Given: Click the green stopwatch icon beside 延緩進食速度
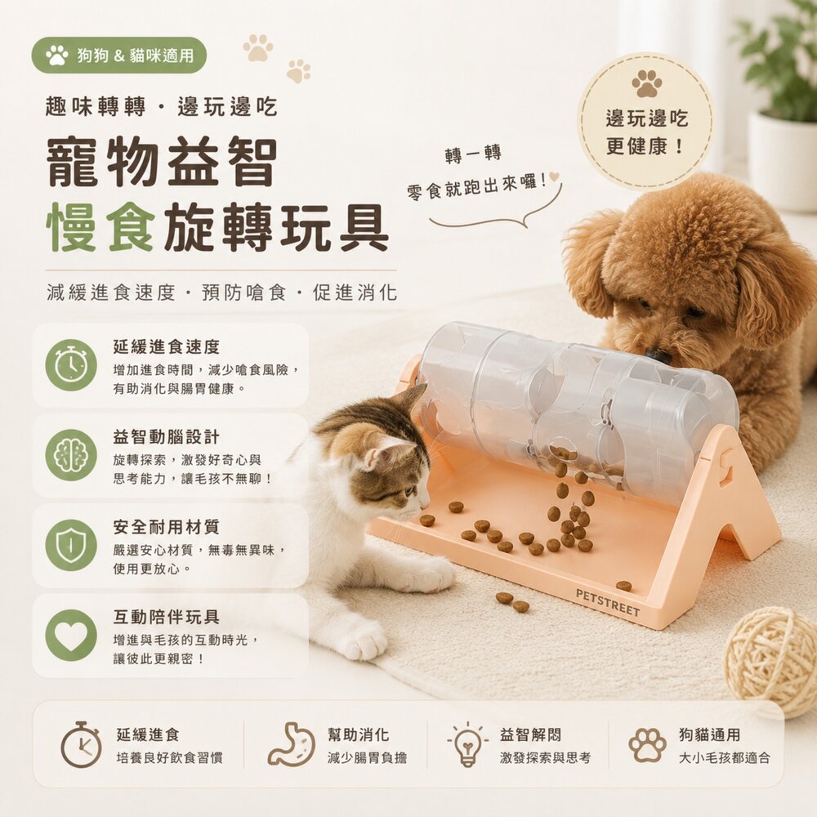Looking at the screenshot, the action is point(71,364).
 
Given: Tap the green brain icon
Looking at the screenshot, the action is point(71,455).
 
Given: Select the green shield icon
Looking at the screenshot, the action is point(71,545).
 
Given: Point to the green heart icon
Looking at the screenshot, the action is point(71,635).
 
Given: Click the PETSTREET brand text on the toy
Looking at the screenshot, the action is point(608,603).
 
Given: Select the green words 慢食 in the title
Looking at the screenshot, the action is point(100,228).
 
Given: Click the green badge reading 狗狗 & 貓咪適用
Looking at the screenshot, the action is point(118,56).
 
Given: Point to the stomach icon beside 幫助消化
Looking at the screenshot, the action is point(292,744).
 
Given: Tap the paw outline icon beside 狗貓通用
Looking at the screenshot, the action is point(647,745).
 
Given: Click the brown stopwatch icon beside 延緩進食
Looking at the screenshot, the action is point(81,744).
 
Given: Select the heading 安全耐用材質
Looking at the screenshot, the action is point(166,527).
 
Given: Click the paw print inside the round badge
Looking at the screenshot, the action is point(646,83).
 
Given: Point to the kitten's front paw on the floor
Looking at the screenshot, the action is point(364,639).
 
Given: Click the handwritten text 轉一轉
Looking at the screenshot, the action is point(473,154).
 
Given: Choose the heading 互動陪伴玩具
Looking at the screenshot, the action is point(166,617).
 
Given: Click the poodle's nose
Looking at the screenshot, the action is point(657,356).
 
